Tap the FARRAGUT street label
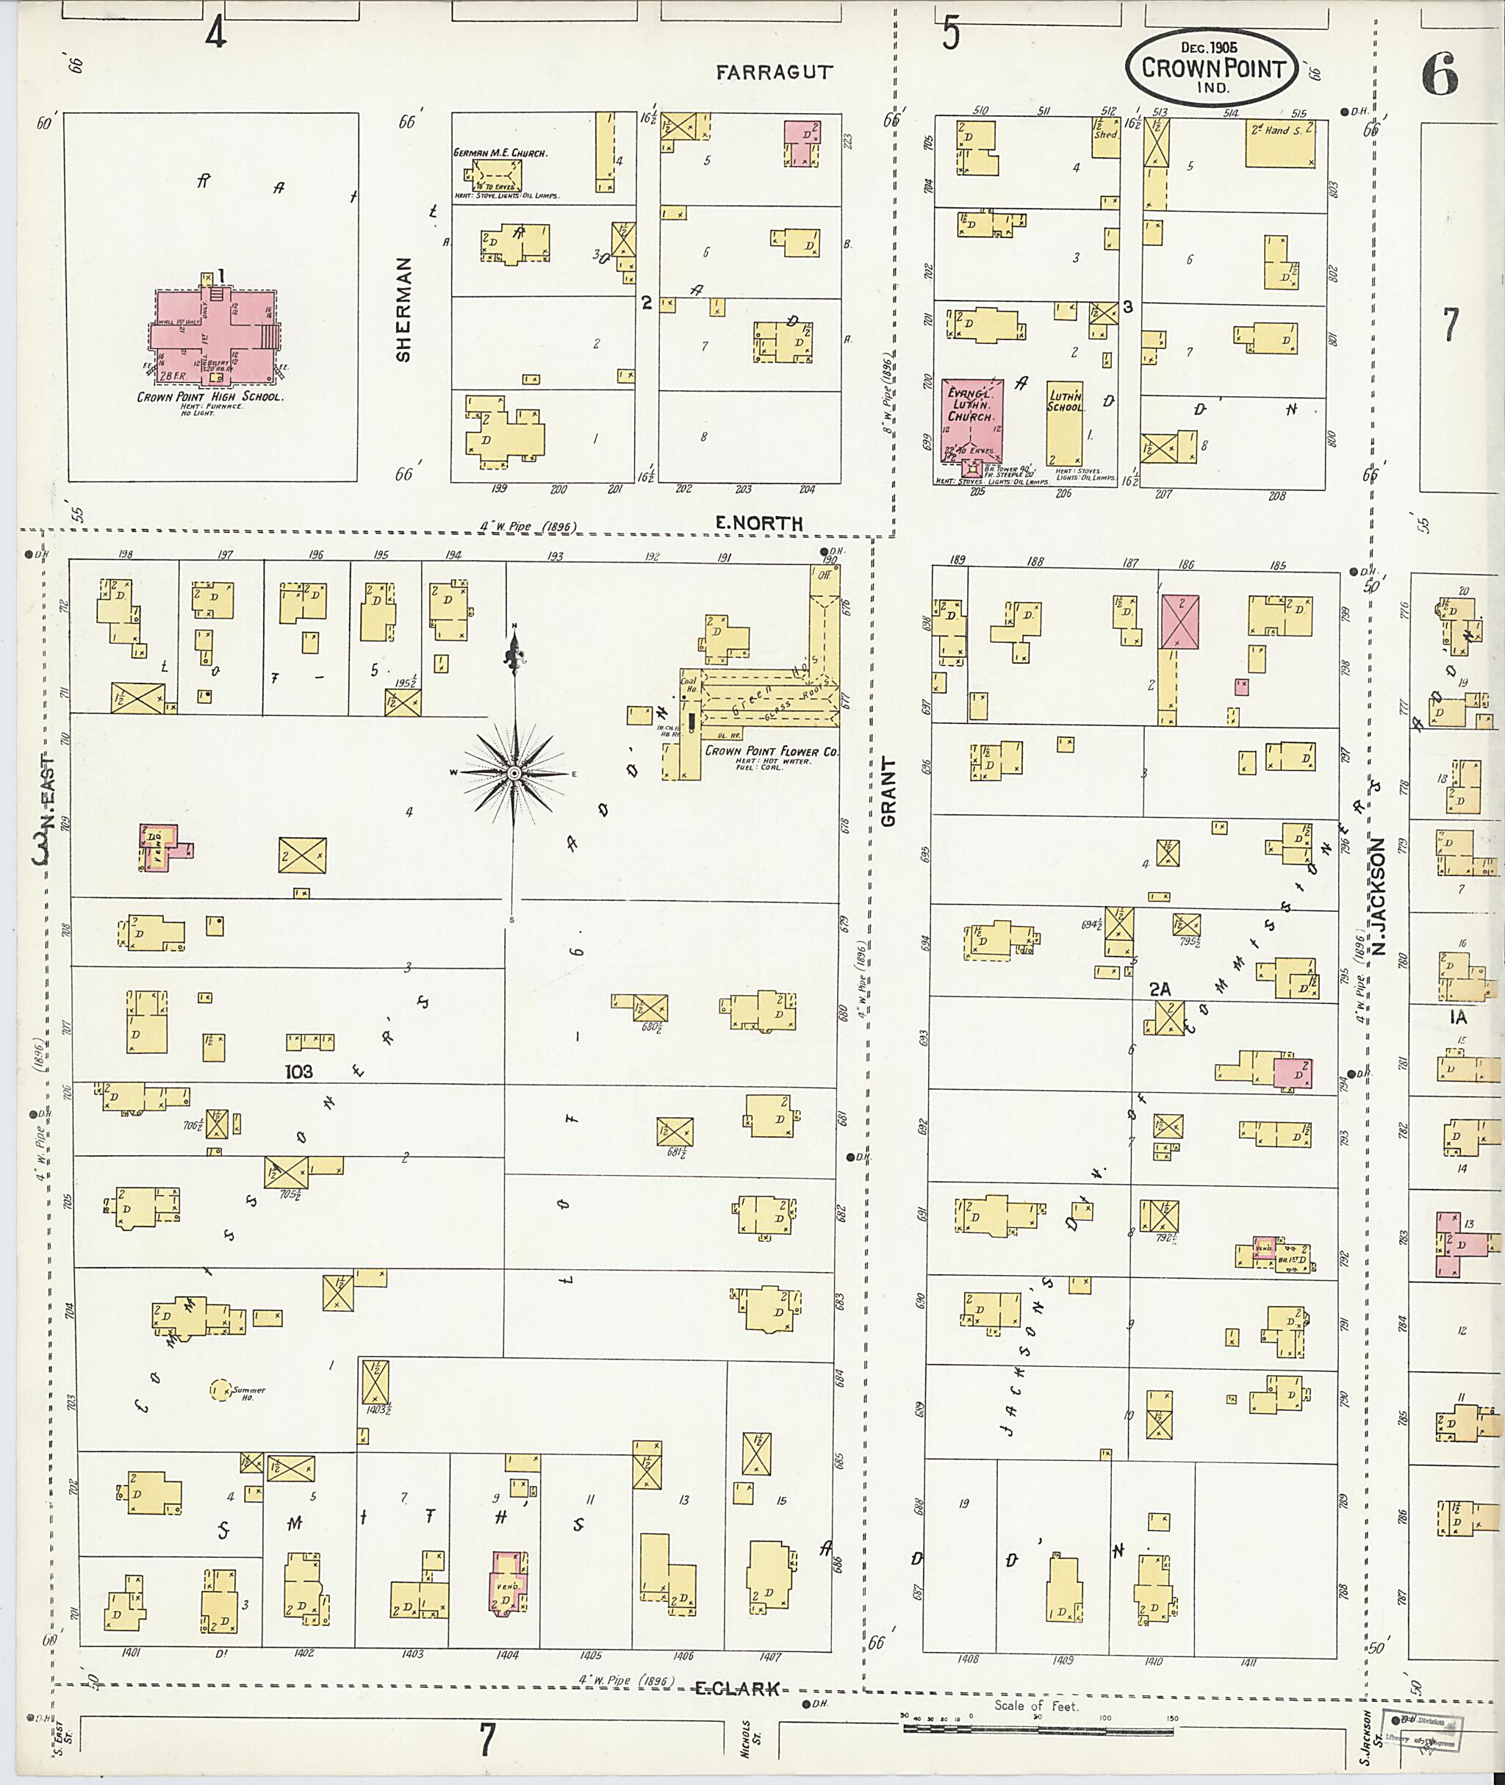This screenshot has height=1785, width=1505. pyautogui.click(x=774, y=73)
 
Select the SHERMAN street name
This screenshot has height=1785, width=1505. pyautogui.click(x=403, y=309)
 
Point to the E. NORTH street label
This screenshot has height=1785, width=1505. pyautogui.click(x=758, y=523)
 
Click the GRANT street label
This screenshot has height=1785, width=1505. pyautogui.click(x=888, y=791)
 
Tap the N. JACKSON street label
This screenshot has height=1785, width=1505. pyautogui.click(x=1378, y=895)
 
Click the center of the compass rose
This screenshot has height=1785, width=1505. pyautogui.click(x=514, y=773)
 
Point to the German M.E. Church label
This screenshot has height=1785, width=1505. pyautogui.click(x=500, y=154)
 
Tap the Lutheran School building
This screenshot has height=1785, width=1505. pyautogui.click(x=1065, y=423)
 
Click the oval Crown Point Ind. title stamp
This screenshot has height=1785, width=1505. pyautogui.click(x=1213, y=68)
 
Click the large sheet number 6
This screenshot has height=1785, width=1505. pyautogui.click(x=1440, y=79)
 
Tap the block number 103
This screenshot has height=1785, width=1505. pyautogui.click(x=298, y=1071)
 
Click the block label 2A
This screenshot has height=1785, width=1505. pyautogui.click(x=1160, y=989)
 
